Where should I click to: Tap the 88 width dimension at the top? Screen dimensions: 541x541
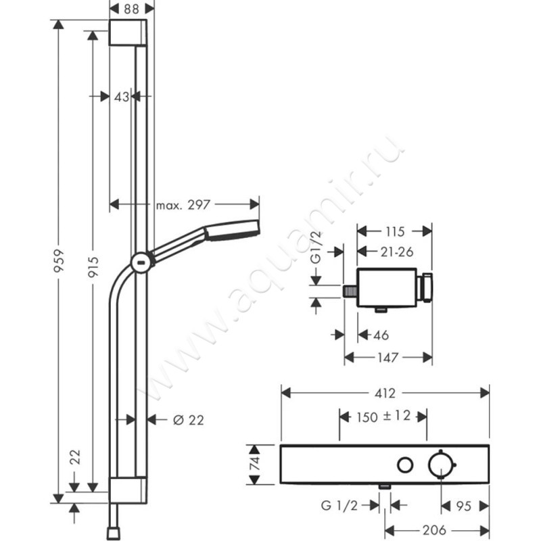pyautogui.click(x=132, y=9)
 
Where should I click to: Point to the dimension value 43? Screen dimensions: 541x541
pyautogui.click(x=121, y=97)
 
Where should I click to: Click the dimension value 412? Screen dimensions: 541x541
pyautogui.click(x=385, y=392)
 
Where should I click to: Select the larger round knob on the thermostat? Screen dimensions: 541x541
pyautogui.click(x=441, y=465)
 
